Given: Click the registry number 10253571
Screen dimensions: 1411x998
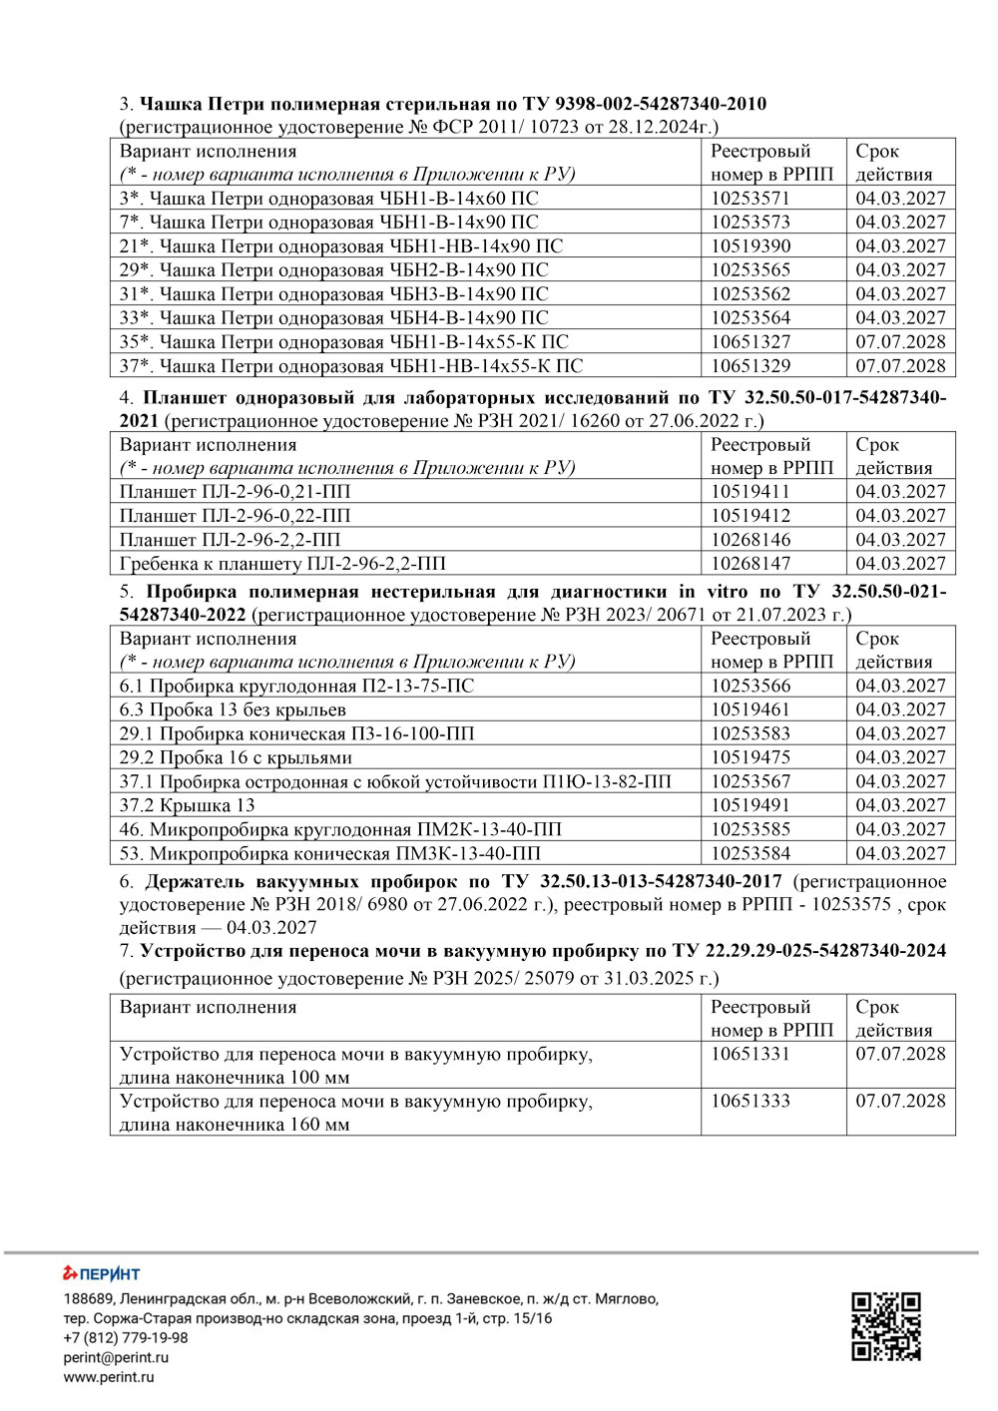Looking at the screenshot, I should coord(749,198).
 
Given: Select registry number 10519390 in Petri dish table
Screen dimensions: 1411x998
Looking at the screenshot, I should coord(749,245).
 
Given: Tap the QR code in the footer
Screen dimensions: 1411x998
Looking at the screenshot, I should coord(885,1326).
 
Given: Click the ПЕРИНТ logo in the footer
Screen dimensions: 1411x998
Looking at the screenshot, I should coord(102,1273).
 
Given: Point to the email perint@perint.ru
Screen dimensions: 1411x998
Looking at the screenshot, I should coord(116,1357).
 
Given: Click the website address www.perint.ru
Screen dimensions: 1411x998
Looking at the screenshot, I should coord(109,1377).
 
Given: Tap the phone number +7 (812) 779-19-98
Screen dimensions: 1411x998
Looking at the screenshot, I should coord(126,1337).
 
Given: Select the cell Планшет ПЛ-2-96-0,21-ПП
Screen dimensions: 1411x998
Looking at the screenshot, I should coord(236,491).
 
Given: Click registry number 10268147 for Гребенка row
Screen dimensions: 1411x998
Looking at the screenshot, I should coord(749,563).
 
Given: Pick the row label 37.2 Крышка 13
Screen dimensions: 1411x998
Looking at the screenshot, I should coord(188,805).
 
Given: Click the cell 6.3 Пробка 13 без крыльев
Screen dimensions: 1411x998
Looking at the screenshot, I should coord(233,709).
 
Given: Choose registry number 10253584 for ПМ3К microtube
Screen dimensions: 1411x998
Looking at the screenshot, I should coord(749,853).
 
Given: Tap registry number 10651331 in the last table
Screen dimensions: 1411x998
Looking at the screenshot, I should coord(749,1054).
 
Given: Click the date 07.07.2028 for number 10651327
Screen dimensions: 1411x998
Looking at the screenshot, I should coord(900,341).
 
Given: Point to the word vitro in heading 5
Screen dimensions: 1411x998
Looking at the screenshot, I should coord(727,592).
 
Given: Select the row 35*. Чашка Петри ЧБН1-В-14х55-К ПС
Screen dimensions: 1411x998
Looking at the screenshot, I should coord(344,341).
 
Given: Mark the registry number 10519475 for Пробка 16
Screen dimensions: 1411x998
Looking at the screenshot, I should coord(749,757).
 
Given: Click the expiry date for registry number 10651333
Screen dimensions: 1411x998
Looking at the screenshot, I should coord(900,1102).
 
